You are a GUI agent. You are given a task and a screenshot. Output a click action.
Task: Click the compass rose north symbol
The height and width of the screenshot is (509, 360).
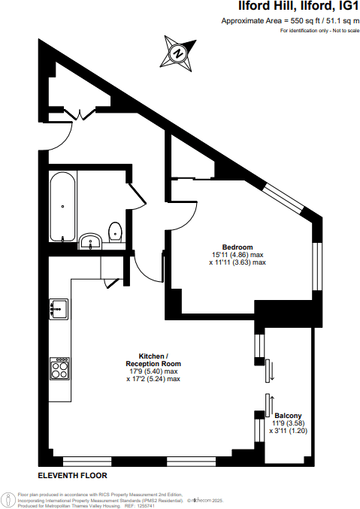pos(178,53)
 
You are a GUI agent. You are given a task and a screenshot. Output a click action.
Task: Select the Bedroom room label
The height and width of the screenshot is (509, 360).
pos(237,247)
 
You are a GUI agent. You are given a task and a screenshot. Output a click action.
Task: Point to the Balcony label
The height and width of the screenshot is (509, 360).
pos(289,415)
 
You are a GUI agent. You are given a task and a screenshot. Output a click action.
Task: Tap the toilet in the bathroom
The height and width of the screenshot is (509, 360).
pos(115,232)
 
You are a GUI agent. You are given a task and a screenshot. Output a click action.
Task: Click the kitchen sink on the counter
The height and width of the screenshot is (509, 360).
pos(59,308)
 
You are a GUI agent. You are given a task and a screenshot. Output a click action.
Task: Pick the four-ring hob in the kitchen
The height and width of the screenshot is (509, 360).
pos(59,368)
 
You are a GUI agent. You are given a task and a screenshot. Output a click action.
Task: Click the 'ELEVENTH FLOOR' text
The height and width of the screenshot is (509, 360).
pos(73,476)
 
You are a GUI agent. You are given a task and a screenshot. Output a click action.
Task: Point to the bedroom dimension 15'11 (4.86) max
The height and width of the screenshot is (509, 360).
pos(237,256)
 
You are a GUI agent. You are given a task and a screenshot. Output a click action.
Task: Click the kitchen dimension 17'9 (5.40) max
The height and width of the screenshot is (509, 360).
pos(154,371)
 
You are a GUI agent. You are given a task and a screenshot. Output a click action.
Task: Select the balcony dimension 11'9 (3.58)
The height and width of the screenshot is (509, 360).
pos(289,423)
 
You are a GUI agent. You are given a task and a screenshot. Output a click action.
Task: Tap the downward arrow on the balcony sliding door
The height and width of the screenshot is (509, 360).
pos(273,371)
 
